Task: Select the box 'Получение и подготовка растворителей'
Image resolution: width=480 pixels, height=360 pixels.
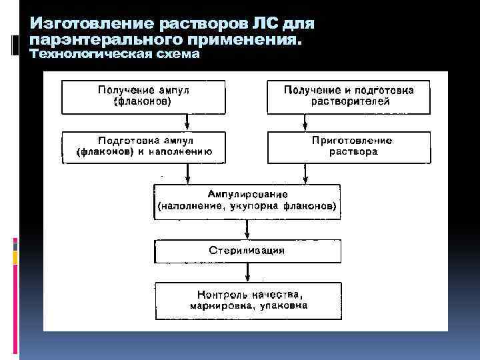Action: (349, 97)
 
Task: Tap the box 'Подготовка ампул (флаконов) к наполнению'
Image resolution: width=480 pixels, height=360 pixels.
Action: (143, 147)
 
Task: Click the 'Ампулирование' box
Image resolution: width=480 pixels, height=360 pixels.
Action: (247, 201)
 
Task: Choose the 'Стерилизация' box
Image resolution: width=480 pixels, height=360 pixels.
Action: (247, 251)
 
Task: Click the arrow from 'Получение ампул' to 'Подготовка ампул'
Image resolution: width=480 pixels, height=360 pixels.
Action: (189, 123)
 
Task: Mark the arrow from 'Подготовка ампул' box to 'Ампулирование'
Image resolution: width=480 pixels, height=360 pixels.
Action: (189, 173)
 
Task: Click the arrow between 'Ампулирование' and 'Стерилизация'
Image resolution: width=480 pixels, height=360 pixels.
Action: (247, 229)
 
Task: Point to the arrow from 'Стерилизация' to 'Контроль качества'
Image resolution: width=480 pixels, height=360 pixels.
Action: (247, 272)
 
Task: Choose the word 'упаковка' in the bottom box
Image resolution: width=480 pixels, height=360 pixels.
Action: (285, 307)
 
